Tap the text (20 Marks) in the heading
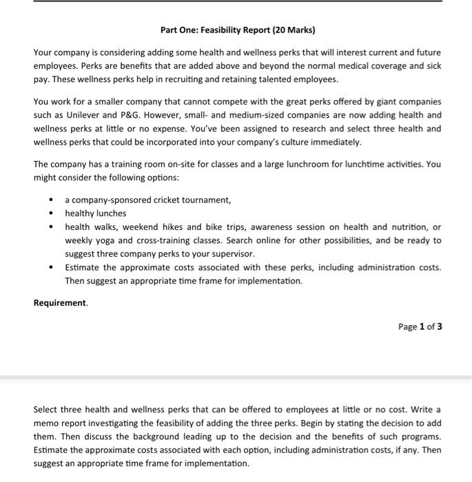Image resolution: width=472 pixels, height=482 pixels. tap(292, 30)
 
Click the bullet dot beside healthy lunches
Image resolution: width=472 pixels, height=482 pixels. tap(51, 213)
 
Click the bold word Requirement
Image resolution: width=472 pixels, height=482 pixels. tap(60, 302)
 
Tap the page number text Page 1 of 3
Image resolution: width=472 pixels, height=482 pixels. tap(420, 326)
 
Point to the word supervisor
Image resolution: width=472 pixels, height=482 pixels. tap(231, 253)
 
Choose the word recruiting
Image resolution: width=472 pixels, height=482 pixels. tap(182, 79)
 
